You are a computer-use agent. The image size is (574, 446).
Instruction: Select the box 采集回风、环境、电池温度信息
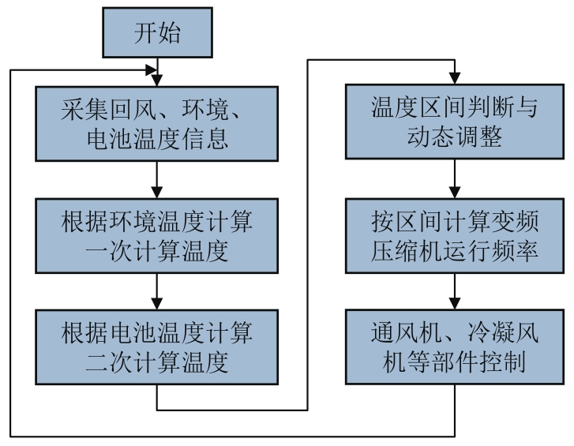coord(159,125)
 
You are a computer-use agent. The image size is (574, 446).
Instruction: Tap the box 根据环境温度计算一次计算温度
coord(159,236)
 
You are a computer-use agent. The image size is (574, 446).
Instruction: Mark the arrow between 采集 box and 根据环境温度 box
coord(159,180)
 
